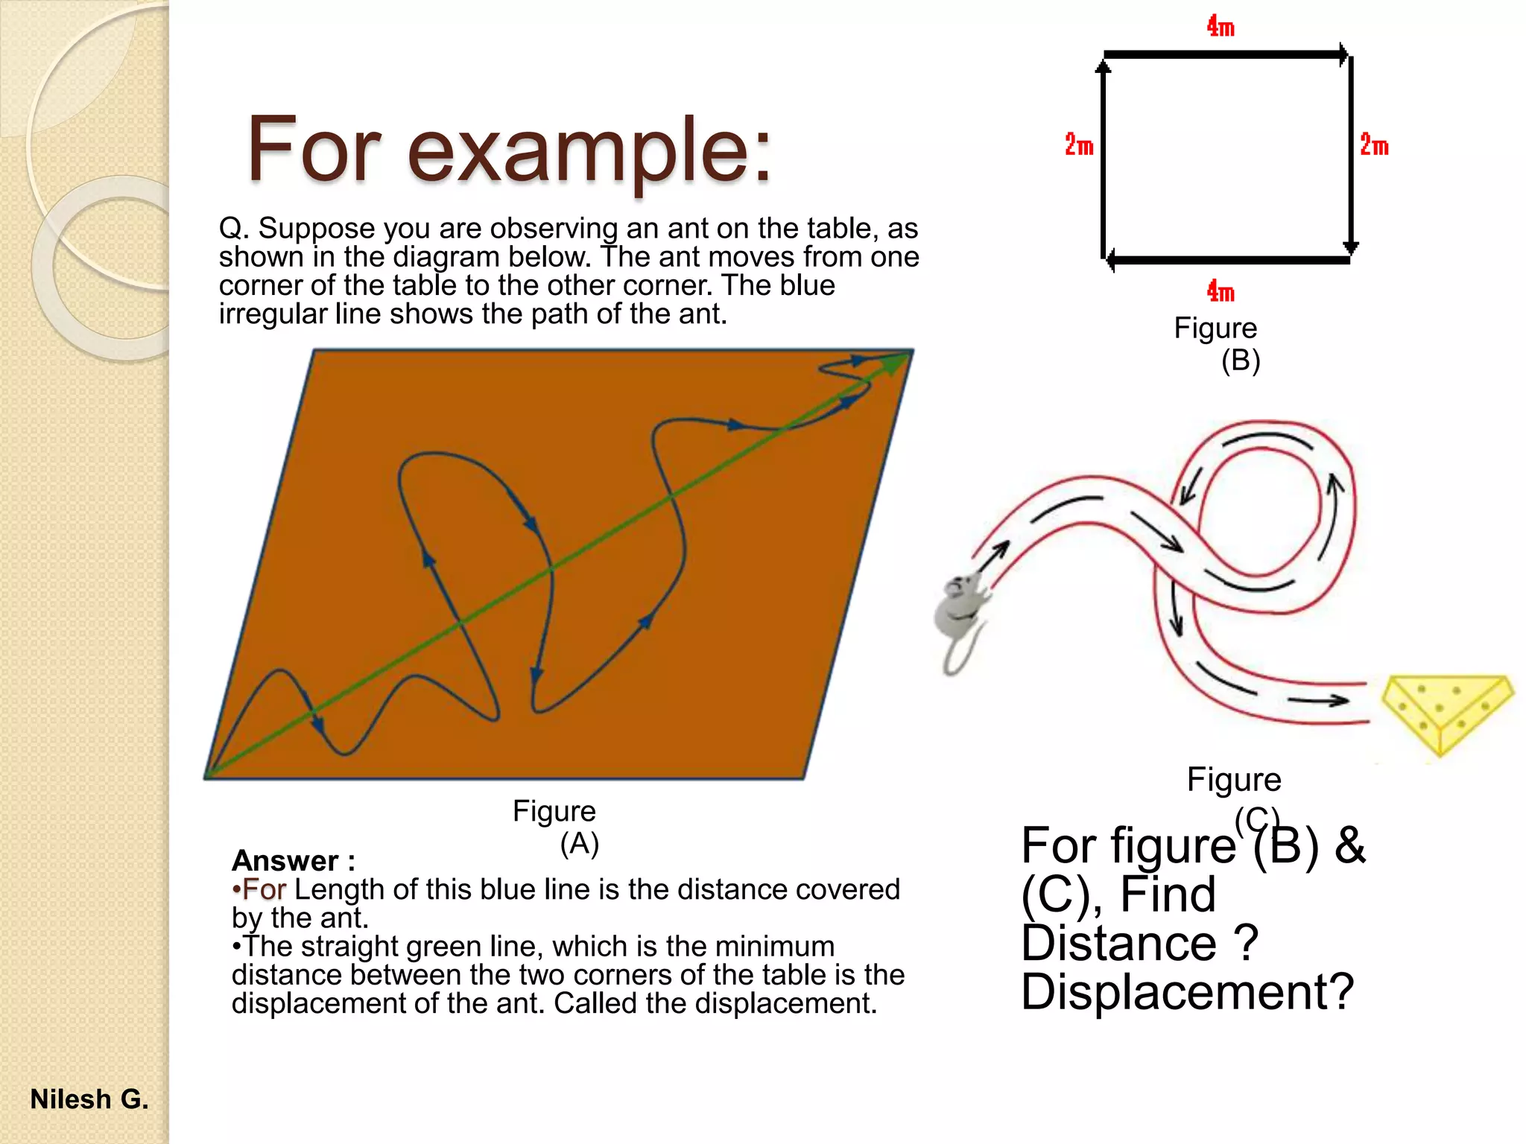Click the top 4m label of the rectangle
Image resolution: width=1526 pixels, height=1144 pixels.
pos(1221,28)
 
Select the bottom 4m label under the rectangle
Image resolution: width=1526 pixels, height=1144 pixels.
pos(1221,291)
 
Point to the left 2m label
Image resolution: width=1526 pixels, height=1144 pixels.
pos(1078,145)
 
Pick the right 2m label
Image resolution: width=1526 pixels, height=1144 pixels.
pos(1374,145)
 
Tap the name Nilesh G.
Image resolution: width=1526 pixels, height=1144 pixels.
pos(89,1099)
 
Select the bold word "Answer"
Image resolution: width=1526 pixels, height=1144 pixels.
pos(285,861)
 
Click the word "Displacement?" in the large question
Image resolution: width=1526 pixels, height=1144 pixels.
pos(1187,992)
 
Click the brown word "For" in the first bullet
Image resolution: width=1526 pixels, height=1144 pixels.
pos(264,889)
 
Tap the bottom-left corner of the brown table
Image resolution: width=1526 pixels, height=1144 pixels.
pos(209,777)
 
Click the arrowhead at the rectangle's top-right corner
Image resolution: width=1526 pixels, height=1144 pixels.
pos(1343,54)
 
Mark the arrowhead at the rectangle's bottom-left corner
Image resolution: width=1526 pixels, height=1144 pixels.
pos(1111,260)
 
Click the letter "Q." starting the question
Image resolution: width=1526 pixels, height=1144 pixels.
pos(233,229)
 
